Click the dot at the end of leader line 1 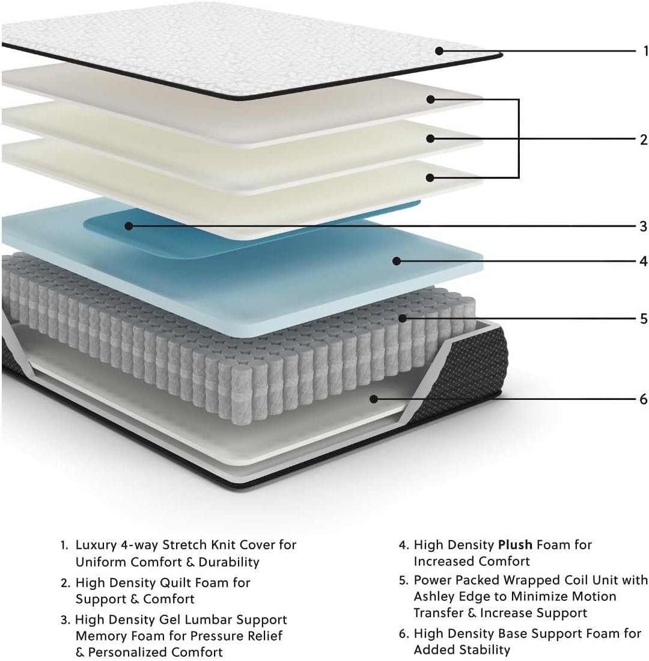pyautogui.click(x=439, y=51)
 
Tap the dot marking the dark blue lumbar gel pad pyautogui.click(x=129, y=226)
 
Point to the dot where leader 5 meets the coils pyautogui.click(x=403, y=318)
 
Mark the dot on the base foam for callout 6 pyautogui.click(x=374, y=399)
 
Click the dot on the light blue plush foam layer pyautogui.click(x=396, y=262)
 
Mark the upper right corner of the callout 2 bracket pyautogui.click(x=519, y=99)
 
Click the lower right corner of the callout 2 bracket pyautogui.click(x=519, y=177)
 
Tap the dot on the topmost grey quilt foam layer pyautogui.click(x=430, y=99)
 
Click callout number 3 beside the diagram pyautogui.click(x=643, y=226)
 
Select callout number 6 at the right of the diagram pyautogui.click(x=643, y=399)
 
